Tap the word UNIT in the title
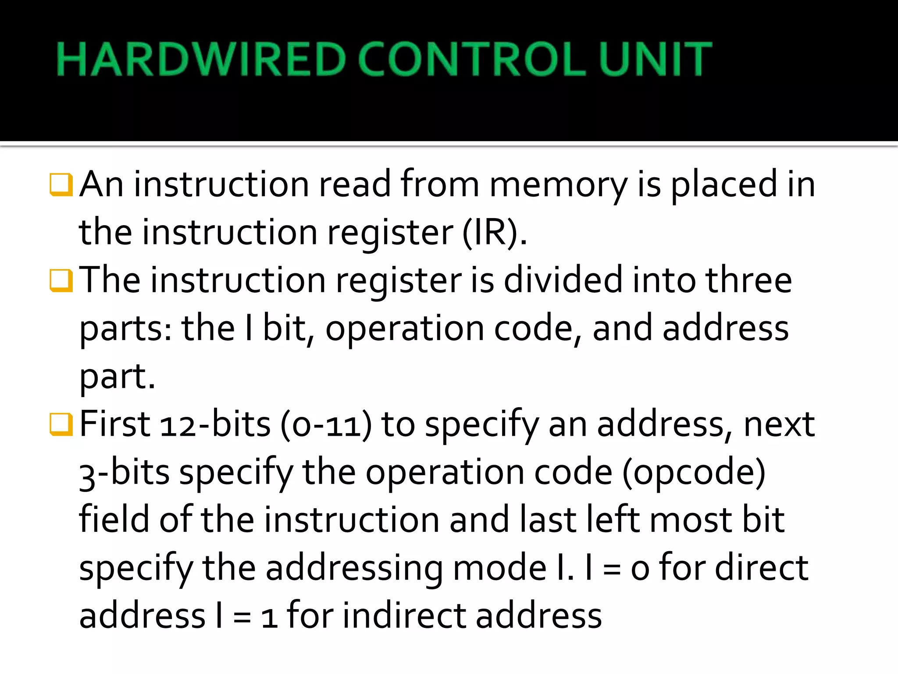coord(655,59)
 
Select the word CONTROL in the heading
coord(472,59)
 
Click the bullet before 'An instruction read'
coord(61,185)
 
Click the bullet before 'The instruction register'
coord(61,281)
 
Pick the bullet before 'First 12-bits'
coord(61,424)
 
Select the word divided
coord(563,281)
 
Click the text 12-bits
coord(215,425)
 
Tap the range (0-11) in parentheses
coord(326,425)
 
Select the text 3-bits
coord(125,473)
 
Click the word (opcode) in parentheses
coord(694,473)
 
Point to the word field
coord(114,520)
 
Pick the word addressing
coord(354,569)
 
